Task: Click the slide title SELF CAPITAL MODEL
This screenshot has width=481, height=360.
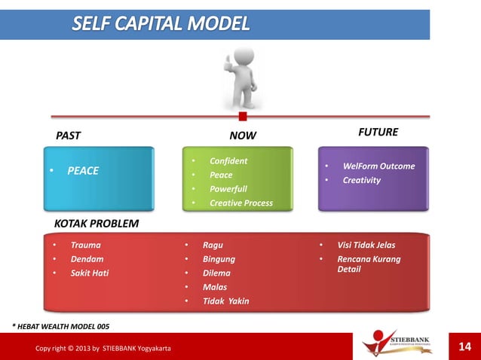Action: (161, 24)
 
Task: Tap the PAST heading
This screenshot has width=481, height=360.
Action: (69, 136)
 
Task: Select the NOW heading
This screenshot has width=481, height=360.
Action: (243, 136)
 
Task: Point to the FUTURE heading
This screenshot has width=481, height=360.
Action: (378, 132)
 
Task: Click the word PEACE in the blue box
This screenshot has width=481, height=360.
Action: (83, 171)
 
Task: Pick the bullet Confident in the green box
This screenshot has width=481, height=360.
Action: (228, 161)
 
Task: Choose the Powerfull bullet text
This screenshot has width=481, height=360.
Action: (228, 189)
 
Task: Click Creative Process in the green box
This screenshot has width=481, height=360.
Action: (241, 203)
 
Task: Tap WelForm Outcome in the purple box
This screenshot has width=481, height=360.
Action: (378, 166)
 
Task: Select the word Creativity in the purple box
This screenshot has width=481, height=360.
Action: (362, 180)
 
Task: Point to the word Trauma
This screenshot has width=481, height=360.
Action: (85, 245)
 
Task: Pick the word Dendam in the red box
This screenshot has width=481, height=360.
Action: (87, 259)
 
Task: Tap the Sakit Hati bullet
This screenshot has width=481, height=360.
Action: (90, 273)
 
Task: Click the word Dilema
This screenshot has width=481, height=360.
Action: (216, 273)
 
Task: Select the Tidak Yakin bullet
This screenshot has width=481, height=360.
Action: (225, 301)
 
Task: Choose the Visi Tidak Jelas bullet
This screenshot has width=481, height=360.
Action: (366, 245)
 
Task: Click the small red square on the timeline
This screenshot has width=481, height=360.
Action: (243, 116)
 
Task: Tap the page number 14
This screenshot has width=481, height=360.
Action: (464, 346)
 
